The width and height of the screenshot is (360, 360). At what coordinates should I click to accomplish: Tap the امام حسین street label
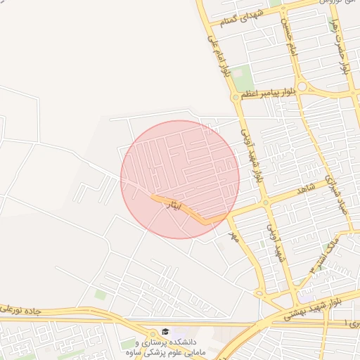[x=288, y=31]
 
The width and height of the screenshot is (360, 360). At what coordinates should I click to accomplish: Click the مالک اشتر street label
[x=328, y=250]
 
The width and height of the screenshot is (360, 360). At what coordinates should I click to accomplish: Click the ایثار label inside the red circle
[x=173, y=206]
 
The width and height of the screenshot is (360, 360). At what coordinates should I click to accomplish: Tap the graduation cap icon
[x=165, y=331]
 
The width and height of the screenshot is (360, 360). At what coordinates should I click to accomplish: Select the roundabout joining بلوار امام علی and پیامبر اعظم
[x=235, y=98]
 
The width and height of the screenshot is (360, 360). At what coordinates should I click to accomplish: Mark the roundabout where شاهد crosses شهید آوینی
[x=266, y=203]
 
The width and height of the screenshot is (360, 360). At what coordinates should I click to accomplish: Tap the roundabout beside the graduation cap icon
[x=154, y=333]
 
